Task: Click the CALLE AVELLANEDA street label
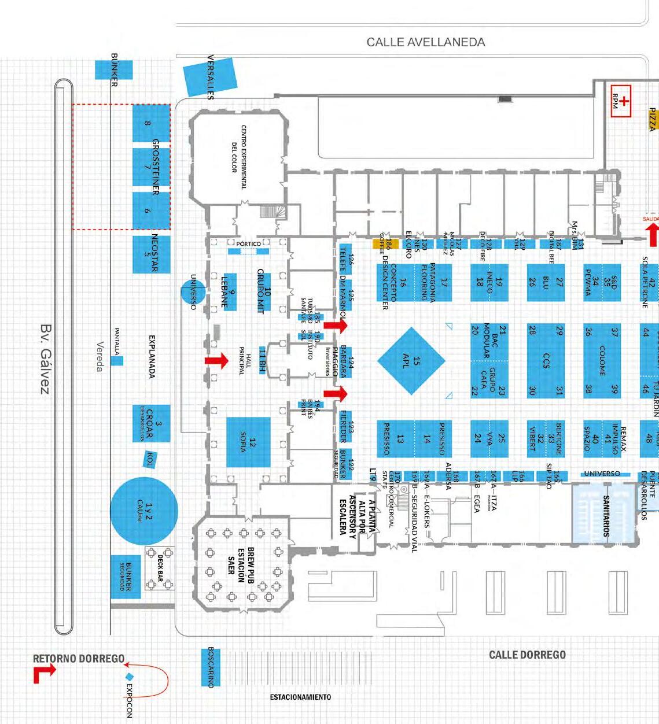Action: tap(426, 42)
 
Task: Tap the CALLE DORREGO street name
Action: tap(527, 655)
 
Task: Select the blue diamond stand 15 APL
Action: tap(411, 361)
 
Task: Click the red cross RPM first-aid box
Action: tap(620, 101)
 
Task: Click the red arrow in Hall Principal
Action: tap(216, 361)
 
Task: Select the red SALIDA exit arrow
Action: tap(652, 234)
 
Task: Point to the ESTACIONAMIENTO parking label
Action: tap(300, 697)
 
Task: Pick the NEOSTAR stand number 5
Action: tap(151, 254)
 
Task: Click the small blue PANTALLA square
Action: tap(117, 361)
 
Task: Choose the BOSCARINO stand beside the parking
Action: tap(211, 667)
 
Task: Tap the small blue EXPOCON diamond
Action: tap(130, 677)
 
